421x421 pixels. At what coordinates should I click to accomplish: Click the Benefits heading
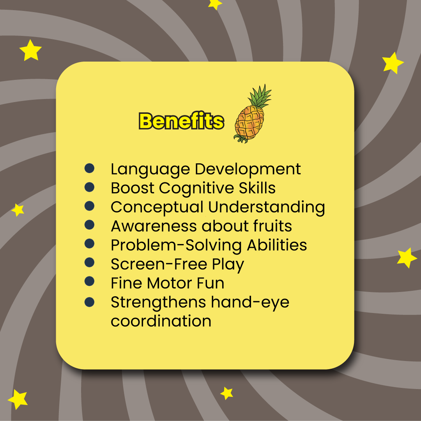181,121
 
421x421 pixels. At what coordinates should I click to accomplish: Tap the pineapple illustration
251,114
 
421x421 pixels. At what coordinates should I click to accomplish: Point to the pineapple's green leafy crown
259,97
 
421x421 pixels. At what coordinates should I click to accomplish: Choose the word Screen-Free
159,264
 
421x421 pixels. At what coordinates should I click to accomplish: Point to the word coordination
161,321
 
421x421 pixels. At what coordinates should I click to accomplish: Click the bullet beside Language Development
89,168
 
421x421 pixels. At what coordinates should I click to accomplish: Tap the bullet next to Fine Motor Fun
89,281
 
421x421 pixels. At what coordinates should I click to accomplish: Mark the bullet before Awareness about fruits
89,225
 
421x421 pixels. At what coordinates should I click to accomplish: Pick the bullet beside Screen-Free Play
89,262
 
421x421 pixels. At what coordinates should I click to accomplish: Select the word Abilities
277,245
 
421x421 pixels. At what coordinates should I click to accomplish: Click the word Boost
133,188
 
